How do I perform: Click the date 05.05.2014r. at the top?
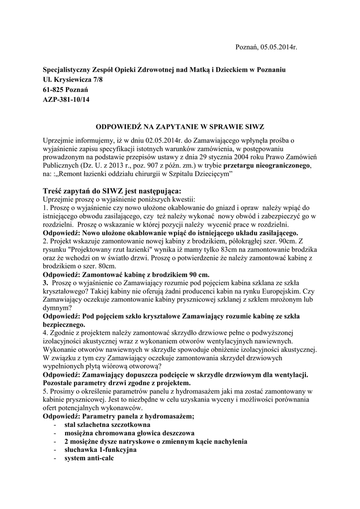coord(278,47)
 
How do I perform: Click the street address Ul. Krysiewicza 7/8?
coord(73,80)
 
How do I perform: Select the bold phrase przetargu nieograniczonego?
coord(268,164)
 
